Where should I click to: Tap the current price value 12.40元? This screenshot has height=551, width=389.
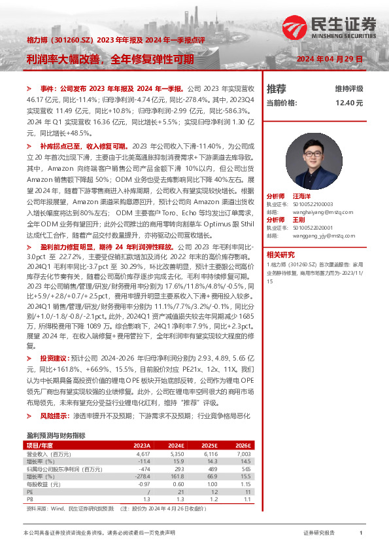[x=348, y=103]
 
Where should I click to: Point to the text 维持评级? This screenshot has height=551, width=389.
[x=348, y=88]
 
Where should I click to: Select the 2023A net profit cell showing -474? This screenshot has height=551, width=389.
[x=144, y=469]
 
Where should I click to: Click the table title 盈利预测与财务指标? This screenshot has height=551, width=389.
[x=55, y=435]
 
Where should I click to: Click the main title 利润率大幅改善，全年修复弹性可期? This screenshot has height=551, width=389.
[x=110, y=58]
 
